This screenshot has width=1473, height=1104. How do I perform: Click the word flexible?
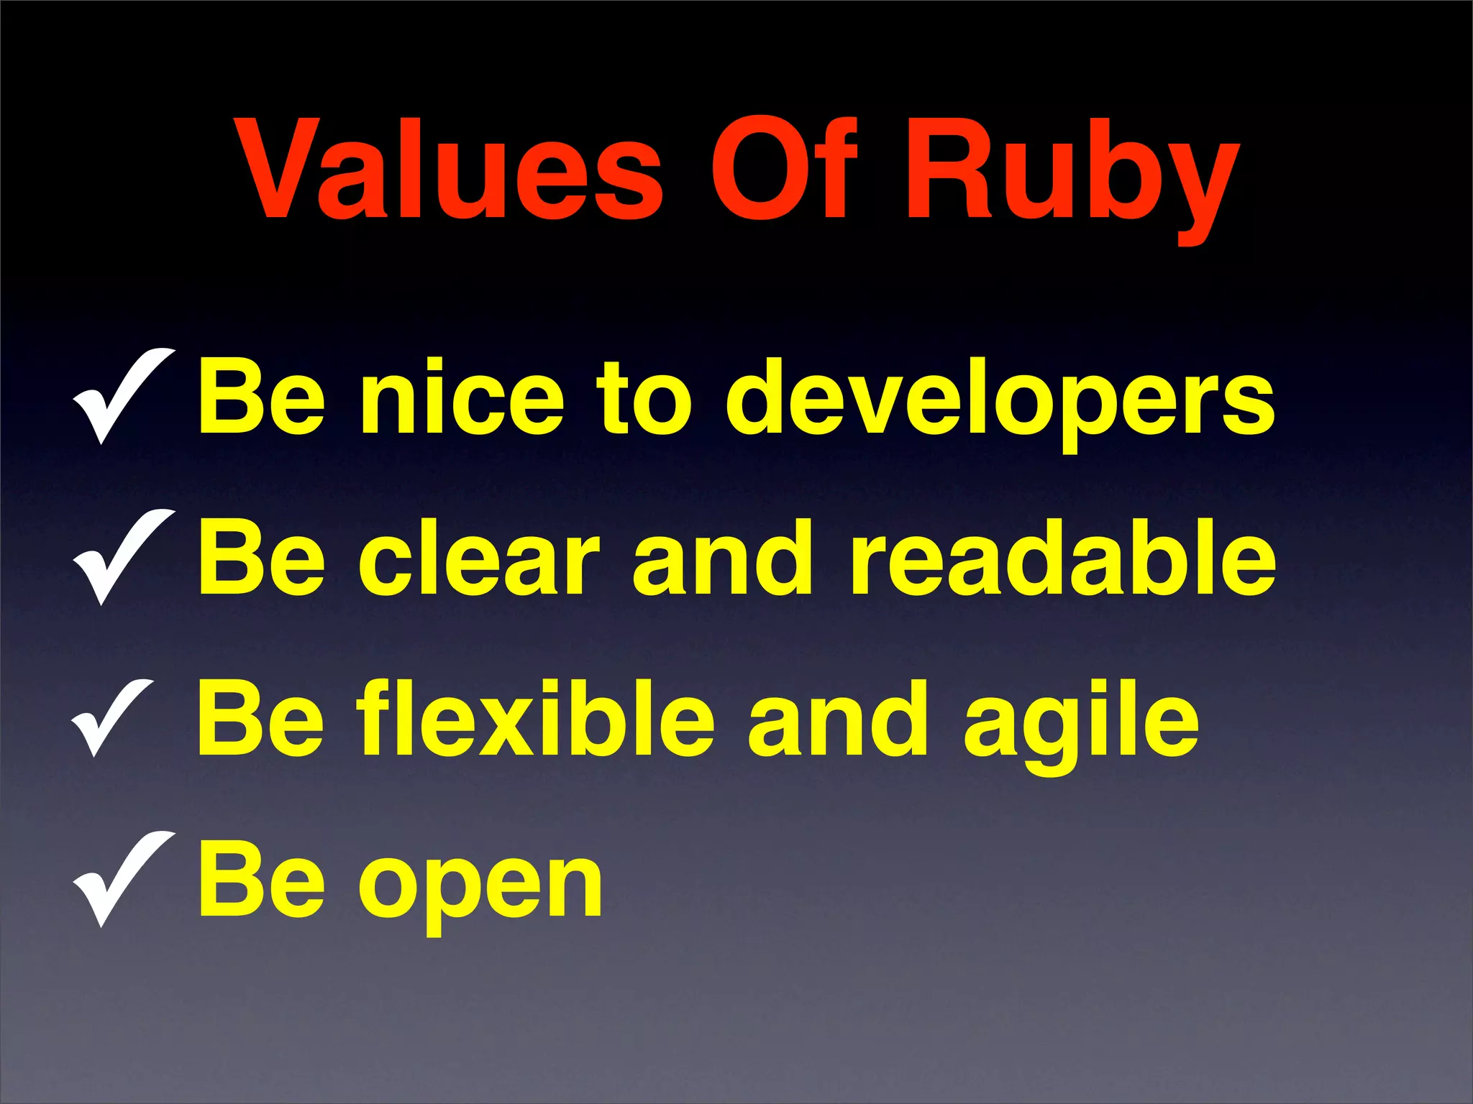pos(537,719)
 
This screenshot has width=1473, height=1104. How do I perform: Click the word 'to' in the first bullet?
pos(645,400)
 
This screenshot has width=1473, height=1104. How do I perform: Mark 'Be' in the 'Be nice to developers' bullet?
pos(262,397)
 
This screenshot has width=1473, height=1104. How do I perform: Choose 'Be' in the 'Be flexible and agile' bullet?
pos(262,719)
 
